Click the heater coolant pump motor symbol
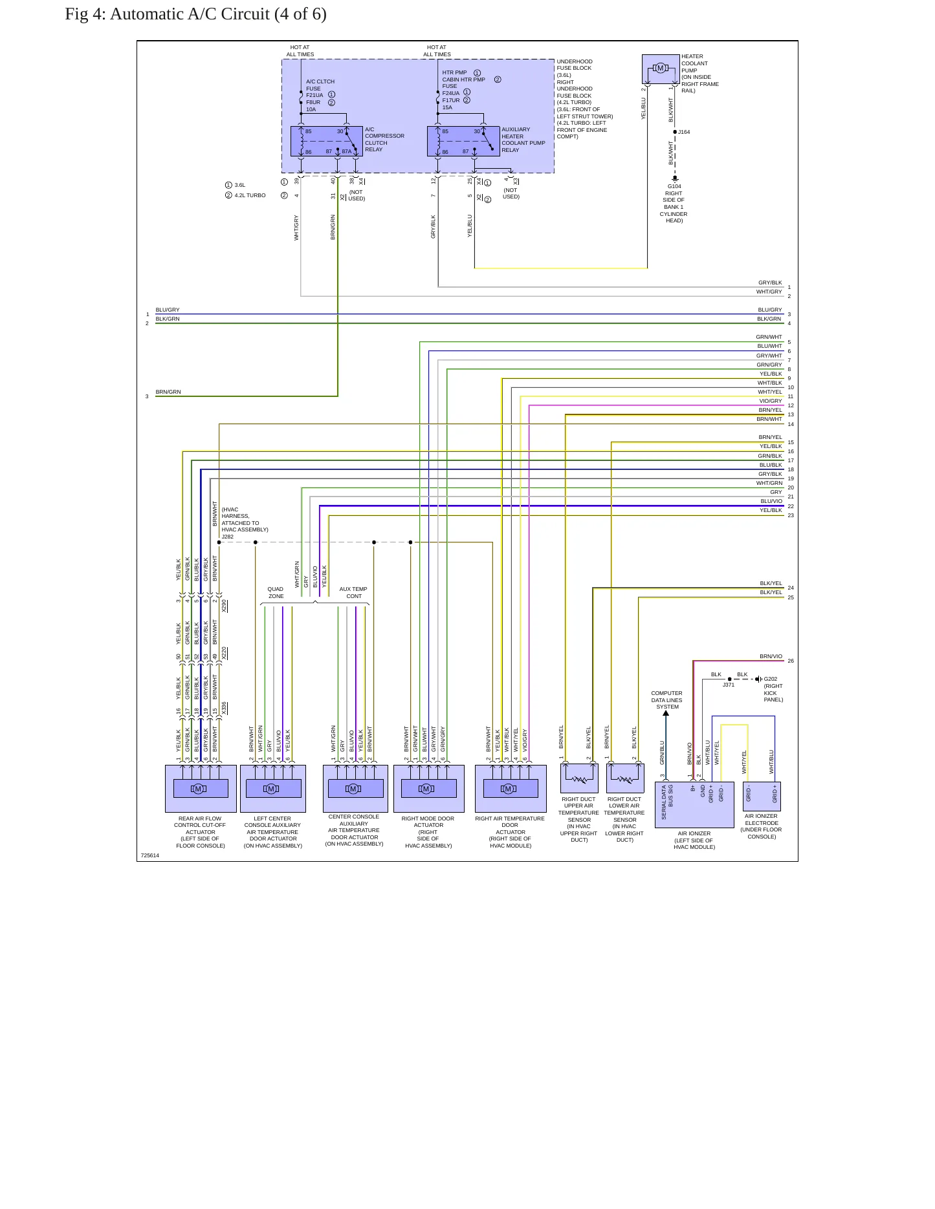661,68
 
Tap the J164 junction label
684,132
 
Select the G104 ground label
674,186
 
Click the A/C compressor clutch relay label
384,139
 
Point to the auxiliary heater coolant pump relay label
523,140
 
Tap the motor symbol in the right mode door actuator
426,788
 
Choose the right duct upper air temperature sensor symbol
579,778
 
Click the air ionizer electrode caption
762,826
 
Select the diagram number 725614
150,855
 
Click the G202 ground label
771,679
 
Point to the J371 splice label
729,685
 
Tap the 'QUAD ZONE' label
276,592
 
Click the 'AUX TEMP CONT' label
353,592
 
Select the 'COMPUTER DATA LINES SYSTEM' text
667,700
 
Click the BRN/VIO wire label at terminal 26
771,656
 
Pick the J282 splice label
228,537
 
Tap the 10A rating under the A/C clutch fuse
311,109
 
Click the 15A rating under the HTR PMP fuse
448,107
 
